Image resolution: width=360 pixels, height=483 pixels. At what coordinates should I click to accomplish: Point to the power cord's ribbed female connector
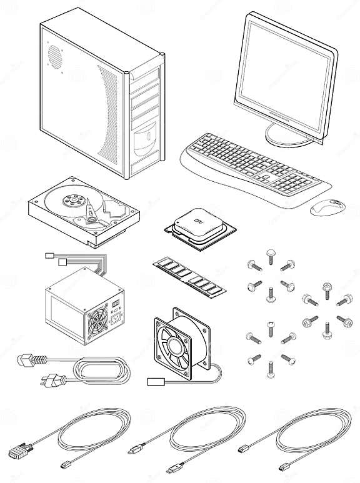pos(29,361)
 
